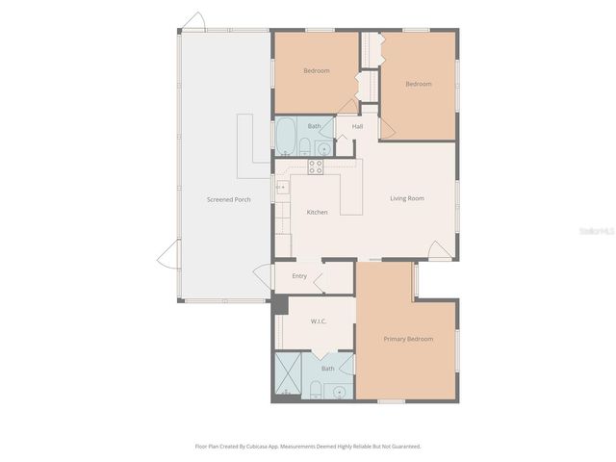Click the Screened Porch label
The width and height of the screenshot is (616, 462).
(x=228, y=199)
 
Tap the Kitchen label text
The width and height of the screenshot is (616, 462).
(x=317, y=212)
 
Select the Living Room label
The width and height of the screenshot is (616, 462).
(x=406, y=199)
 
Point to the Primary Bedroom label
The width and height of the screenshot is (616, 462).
(x=408, y=339)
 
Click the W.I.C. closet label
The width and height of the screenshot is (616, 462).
(x=319, y=321)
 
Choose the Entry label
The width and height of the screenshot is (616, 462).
(x=299, y=276)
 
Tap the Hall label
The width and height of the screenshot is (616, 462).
(x=357, y=126)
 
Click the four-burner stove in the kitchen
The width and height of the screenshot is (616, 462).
(x=315, y=167)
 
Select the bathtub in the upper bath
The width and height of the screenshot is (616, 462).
(x=286, y=138)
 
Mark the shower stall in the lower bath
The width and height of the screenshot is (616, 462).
(x=288, y=376)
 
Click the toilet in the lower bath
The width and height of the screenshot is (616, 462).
(x=315, y=390)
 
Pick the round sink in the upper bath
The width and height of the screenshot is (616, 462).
(x=323, y=149)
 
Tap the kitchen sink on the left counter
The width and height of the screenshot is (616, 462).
(x=281, y=188)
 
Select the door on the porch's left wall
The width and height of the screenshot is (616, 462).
(x=168, y=255)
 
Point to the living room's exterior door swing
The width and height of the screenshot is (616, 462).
(x=440, y=252)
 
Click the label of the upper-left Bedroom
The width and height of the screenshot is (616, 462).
(x=317, y=71)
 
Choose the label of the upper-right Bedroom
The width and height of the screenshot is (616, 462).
(x=418, y=84)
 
